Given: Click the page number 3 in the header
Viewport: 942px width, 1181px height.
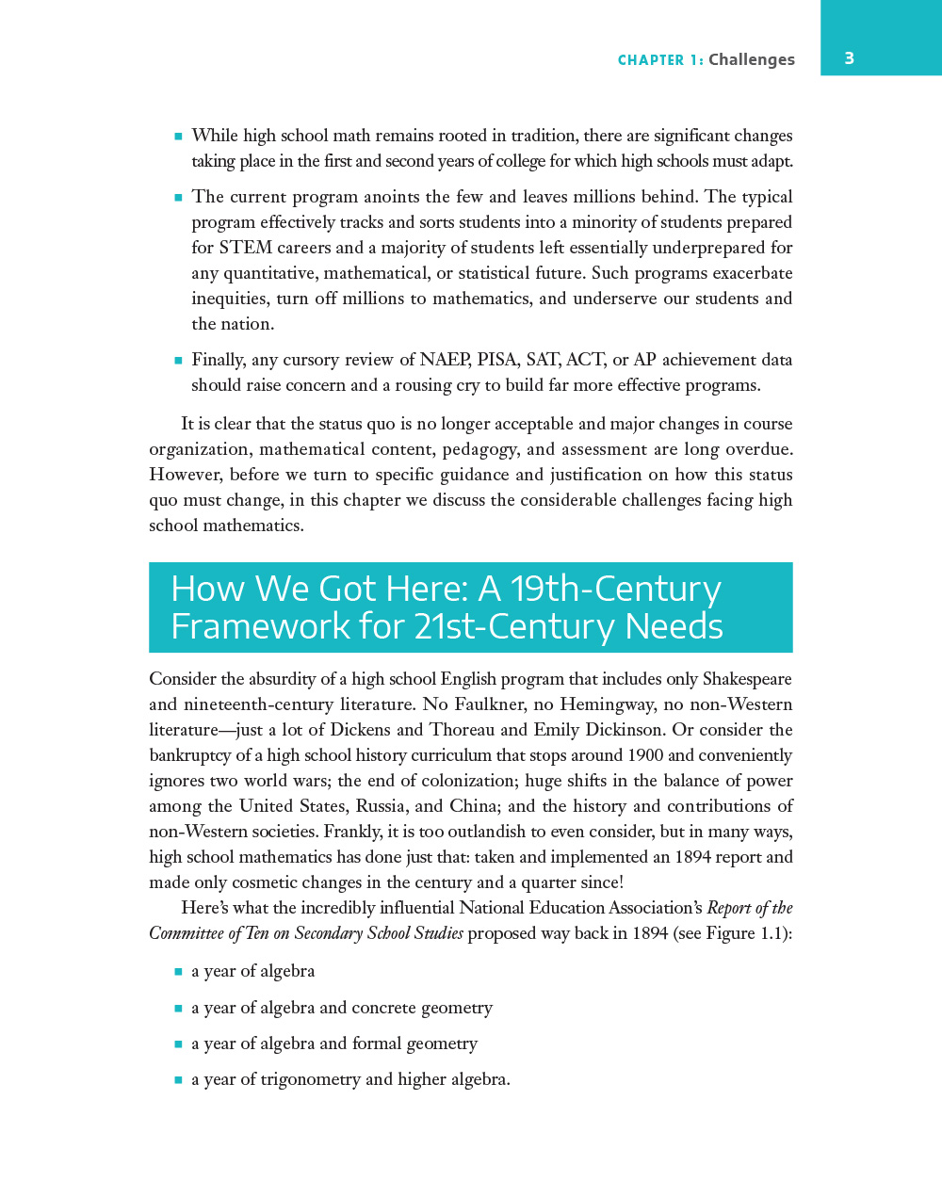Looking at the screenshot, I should [x=849, y=58].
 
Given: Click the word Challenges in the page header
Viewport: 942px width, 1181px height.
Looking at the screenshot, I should [x=751, y=59].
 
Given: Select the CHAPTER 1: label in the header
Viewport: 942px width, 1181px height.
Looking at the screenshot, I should [x=660, y=60].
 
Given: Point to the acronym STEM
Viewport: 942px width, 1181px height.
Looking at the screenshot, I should [x=246, y=248].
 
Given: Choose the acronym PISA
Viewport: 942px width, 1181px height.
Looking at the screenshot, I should [x=497, y=360].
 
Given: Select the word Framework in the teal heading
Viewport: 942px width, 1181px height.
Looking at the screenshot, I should [x=246, y=627].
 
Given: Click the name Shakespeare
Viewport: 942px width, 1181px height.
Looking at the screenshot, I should [x=747, y=679].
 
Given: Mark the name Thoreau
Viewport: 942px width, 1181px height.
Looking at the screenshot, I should [x=462, y=730].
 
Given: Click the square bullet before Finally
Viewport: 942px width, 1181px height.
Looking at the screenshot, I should [x=178, y=360].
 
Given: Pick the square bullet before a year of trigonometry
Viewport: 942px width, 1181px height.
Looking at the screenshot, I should [x=178, y=1079].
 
